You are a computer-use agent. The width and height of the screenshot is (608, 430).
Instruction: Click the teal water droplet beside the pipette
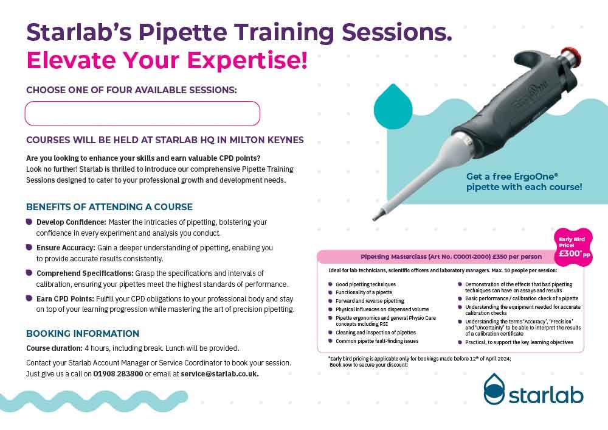(393, 107)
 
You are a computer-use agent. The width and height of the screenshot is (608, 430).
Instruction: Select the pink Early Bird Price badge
(573, 247)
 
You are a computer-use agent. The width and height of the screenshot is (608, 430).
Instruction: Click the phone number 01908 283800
(119, 374)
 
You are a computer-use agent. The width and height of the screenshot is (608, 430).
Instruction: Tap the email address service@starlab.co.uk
(219, 374)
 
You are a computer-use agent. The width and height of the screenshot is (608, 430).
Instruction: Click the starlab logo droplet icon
(494, 389)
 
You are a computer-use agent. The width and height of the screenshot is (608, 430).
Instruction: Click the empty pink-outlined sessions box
(142, 113)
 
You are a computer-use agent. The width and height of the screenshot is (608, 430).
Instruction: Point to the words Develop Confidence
(71, 222)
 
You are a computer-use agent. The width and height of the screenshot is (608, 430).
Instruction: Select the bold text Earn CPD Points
(65, 298)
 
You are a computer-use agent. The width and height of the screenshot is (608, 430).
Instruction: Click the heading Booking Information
(83, 334)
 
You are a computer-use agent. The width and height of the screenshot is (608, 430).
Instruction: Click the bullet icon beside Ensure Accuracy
(29, 247)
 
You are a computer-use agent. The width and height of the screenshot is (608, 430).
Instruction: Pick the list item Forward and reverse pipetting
(370, 301)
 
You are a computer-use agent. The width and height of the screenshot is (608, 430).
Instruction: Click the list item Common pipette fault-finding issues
(377, 341)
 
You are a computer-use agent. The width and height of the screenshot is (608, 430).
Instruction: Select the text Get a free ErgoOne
(512, 177)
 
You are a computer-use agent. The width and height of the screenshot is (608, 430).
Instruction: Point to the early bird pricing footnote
(420, 362)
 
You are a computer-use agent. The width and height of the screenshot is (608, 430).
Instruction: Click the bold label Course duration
(54, 348)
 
